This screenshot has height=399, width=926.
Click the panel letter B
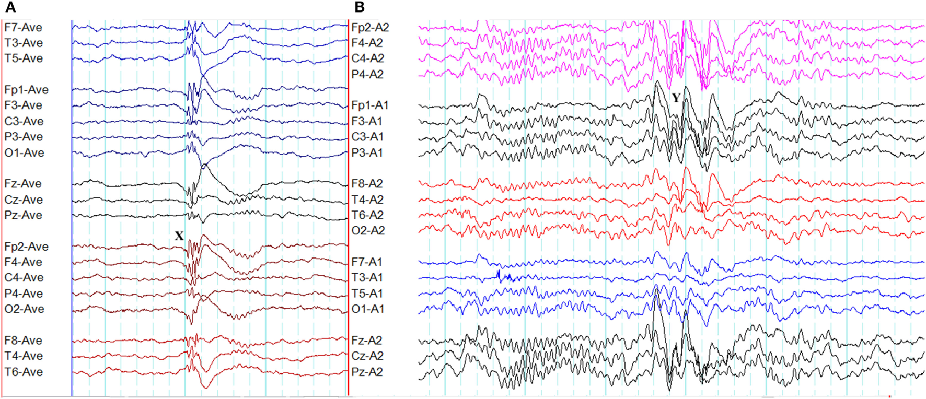tap(360, 7)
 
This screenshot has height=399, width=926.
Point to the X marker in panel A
tap(179, 236)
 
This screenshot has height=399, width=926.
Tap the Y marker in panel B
tap(676, 98)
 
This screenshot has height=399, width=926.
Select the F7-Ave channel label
tap(24, 27)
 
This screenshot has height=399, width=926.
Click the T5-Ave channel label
tap(24, 58)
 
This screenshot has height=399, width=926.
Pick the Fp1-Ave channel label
tap(26, 90)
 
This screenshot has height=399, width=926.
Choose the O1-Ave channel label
tap(25, 153)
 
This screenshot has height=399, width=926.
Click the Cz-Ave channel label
tap(24, 199)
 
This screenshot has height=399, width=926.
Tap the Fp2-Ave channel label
tap(26, 247)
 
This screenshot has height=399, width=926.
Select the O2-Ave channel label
tap(25, 309)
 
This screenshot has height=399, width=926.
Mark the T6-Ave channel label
tap(24, 372)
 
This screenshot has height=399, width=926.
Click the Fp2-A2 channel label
tap(370, 27)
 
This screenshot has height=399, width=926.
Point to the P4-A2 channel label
tap(367, 74)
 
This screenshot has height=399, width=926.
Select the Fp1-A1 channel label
tap(370, 105)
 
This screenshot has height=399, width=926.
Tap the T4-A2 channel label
tap(367, 199)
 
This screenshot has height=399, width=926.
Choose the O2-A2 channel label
tap(368, 230)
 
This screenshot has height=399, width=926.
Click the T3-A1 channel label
tap(367, 277)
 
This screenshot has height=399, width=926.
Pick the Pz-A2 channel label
tap(367, 372)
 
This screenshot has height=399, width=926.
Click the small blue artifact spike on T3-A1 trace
tap(500, 275)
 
